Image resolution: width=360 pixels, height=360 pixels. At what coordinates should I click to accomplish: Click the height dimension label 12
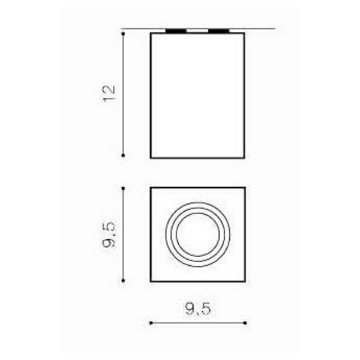pyautogui.click(x=109, y=94)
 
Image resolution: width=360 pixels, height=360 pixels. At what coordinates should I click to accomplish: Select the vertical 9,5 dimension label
pyautogui.click(x=109, y=235)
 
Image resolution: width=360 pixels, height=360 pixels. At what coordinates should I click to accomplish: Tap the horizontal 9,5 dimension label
pyautogui.click(x=197, y=308)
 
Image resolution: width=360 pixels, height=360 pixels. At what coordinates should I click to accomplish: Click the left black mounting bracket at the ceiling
pyautogui.click(x=176, y=31)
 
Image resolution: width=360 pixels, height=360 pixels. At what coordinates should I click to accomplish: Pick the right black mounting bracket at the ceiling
pyautogui.click(x=218, y=31)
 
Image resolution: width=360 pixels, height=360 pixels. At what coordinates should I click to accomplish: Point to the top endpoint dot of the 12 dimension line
pyautogui.click(x=123, y=34)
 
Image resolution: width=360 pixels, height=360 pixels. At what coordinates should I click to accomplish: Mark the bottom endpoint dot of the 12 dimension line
pyautogui.click(x=123, y=155)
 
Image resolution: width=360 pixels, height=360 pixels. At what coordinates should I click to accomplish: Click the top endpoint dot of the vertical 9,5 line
pyautogui.click(x=123, y=188)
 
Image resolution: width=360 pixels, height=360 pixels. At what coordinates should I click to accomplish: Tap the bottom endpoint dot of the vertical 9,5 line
pyautogui.click(x=123, y=281)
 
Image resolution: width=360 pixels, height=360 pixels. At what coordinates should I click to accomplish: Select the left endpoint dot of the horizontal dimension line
pyautogui.click(x=151, y=323)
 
